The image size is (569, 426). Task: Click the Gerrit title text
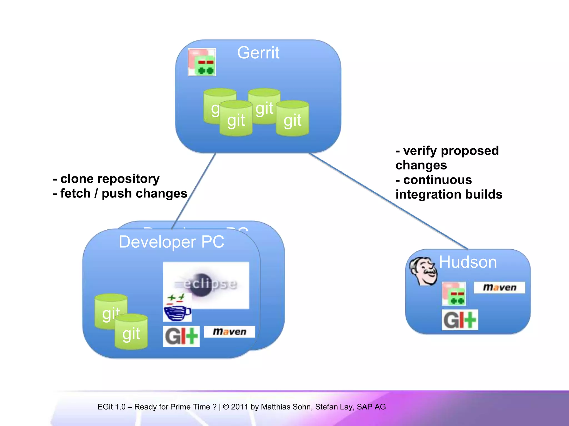[258, 53]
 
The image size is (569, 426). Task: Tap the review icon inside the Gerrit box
[202, 62]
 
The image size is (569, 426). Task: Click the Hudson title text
[468, 262]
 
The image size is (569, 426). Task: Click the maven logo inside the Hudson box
[500, 288]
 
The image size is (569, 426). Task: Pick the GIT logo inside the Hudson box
[460, 320]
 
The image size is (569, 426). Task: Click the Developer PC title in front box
[171, 242]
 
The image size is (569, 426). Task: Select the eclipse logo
[206, 284]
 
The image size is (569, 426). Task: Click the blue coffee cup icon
[177, 308]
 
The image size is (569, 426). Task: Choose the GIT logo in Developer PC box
[181, 336]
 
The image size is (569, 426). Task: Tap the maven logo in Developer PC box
[229, 332]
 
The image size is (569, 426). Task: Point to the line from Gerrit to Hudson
[389, 201]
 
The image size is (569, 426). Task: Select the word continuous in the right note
[437, 180]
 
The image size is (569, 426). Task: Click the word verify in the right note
[421, 151]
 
